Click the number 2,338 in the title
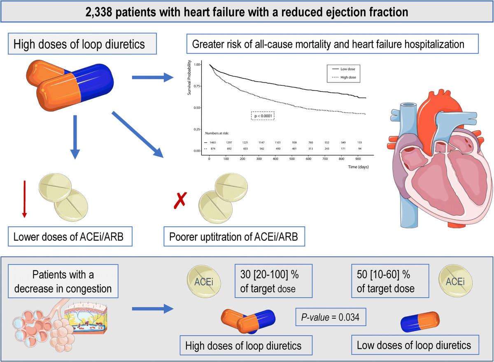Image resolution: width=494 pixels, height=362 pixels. pos(101,12)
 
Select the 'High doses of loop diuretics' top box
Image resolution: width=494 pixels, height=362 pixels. pos(79,44)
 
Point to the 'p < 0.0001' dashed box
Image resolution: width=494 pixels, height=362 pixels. pos(263,116)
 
